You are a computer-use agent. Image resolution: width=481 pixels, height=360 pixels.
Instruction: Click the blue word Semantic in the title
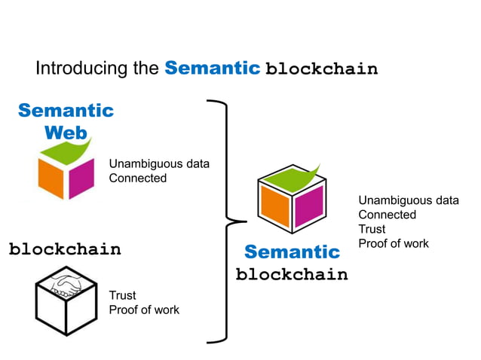pos(213,69)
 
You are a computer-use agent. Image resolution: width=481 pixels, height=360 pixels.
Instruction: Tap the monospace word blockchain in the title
pos(321,69)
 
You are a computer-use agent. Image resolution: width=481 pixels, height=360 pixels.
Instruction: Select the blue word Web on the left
pos(66,133)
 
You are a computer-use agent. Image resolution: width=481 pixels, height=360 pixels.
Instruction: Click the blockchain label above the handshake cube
pos(65,249)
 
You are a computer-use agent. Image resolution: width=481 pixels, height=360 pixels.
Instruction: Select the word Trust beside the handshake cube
pos(123,296)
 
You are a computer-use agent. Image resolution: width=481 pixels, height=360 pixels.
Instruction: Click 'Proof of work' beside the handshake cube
pos(144,310)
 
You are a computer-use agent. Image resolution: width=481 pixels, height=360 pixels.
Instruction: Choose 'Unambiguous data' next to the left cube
pos(159,164)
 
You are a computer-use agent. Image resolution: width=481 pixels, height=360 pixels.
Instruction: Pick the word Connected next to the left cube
pos(138,178)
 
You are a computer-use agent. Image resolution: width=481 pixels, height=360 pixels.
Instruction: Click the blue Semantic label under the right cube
pos(292,252)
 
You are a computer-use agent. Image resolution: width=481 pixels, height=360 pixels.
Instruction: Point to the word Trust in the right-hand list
pos(372,229)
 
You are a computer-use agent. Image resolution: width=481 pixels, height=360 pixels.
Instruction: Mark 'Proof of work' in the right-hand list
pos(393,243)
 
